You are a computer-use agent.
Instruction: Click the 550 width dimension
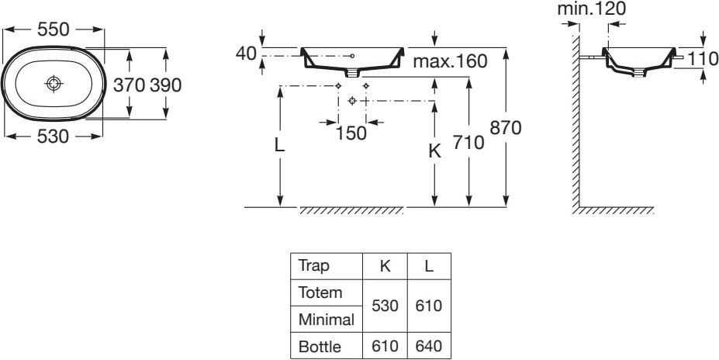click(54, 30)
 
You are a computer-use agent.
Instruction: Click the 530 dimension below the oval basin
click(54, 137)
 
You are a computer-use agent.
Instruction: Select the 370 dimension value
click(130, 85)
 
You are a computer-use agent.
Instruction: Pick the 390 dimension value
click(165, 85)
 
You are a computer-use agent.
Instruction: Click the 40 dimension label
click(247, 54)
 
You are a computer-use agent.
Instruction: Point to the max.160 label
click(449, 61)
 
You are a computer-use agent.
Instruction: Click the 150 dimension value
click(351, 133)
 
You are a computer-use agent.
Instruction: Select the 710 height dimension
click(469, 143)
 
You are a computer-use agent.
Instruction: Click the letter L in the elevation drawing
click(280, 146)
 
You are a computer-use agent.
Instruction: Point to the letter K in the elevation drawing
click(434, 152)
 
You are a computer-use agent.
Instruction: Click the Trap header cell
click(314, 266)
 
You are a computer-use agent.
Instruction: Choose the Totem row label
click(320, 293)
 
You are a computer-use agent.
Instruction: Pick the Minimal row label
click(326, 320)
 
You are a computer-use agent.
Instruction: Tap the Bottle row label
click(319, 347)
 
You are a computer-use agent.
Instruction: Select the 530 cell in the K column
click(385, 306)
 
